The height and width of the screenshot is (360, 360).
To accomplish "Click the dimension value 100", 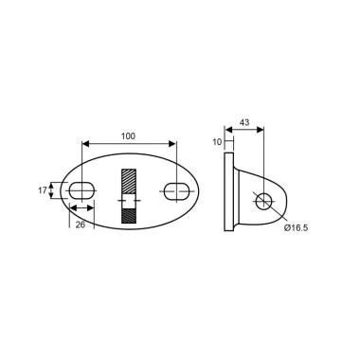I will pos(129,135).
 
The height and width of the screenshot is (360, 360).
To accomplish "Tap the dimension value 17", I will pos(42,189).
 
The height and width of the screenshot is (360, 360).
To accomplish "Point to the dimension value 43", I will pos(244,124).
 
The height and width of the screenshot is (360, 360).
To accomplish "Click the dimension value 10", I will pos(216,141).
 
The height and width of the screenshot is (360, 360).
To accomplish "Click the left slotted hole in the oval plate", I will pos(81,189).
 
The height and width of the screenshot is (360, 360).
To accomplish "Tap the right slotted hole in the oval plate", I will pos(175,191).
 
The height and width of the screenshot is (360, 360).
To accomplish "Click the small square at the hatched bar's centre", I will pos(129,201).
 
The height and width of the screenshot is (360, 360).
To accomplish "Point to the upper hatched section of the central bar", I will pos(129,181).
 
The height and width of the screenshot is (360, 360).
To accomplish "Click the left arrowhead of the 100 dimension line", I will pos(85,144).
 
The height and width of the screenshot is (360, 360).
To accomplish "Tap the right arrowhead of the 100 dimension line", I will pos(172,144).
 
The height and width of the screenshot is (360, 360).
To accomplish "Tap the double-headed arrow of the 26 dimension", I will pos(81,207).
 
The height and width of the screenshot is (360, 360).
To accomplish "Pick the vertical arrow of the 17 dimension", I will pos(54,189).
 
